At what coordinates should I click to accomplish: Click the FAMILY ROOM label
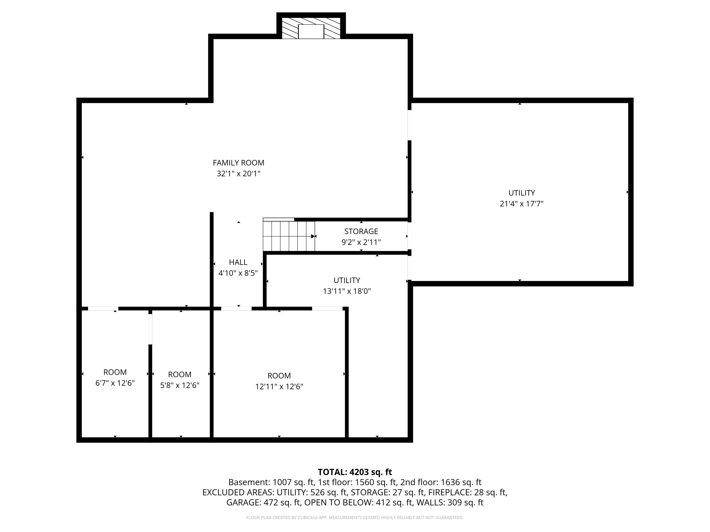coord(239,163)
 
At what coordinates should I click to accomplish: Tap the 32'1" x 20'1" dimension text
coord(239,174)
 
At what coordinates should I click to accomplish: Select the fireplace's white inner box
coord(311,31)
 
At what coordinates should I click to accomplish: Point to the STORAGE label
coord(361,231)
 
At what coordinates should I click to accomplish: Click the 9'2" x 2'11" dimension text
coord(361,242)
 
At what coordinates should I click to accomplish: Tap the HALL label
coord(238,262)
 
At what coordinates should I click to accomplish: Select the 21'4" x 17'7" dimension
coord(522,204)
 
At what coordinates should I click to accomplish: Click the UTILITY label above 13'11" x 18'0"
coord(347,280)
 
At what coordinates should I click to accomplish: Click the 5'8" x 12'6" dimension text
coord(180,385)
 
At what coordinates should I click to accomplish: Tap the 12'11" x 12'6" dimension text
coord(279,386)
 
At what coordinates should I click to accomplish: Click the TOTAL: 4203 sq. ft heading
coord(355,472)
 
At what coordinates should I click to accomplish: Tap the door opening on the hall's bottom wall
coord(236,309)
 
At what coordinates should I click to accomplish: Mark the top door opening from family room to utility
coord(410,125)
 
